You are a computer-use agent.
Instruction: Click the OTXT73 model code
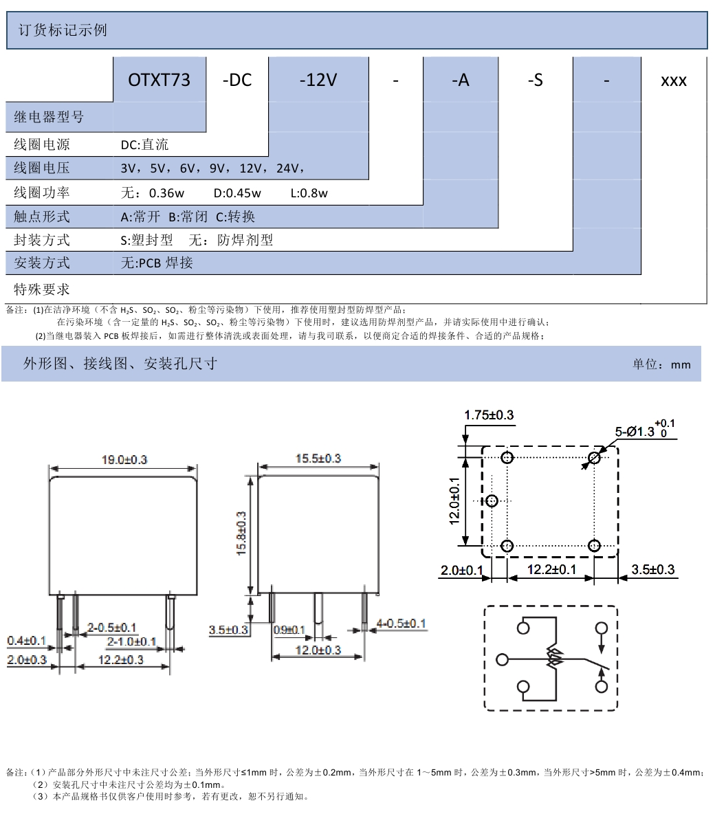(159, 80)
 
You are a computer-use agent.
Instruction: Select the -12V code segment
(318, 80)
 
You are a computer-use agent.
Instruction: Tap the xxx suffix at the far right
(674, 81)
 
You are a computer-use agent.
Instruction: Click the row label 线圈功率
(41, 192)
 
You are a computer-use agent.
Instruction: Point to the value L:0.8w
(309, 193)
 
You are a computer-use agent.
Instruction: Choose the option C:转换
(235, 217)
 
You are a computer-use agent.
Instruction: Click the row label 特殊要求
(41, 289)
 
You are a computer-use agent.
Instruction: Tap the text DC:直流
(144, 144)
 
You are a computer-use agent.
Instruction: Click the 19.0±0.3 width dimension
(124, 459)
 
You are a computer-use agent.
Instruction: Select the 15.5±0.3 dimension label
(318, 459)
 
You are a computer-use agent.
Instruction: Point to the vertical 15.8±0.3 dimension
(241, 533)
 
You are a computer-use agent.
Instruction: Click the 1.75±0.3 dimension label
(489, 415)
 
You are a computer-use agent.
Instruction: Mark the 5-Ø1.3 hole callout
(645, 430)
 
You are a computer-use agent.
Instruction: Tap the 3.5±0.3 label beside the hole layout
(652, 569)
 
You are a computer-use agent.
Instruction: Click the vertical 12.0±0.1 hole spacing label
(454, 501)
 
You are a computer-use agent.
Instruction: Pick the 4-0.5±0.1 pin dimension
(401, 623)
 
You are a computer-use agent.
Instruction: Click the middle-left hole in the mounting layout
(492, 501)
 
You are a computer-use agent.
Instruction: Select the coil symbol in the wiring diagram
(553, 659)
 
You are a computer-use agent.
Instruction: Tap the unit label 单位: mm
(661, 364)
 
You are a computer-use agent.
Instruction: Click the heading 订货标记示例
(63, 30)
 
